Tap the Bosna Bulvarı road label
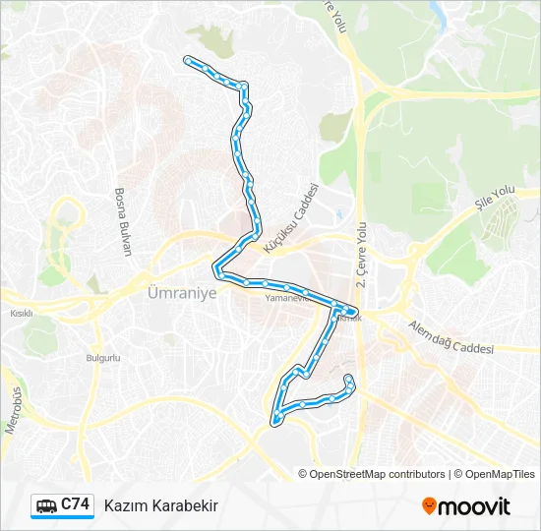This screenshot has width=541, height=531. [123, 221]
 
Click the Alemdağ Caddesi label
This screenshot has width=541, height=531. [453, 340]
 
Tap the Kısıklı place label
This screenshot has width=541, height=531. [21, 314]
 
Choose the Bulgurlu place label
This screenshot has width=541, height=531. [102, 358]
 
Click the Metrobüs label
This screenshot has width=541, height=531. [14, 412]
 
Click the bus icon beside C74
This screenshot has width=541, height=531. [46, 505]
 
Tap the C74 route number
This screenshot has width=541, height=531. [76, 504]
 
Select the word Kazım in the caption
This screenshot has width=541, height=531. [124, 505]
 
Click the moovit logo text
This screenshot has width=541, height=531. [474, 506]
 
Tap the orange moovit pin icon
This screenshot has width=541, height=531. [429, 506]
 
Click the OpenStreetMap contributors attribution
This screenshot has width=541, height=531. [378, 474]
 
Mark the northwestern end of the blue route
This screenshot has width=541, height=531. [187, 61]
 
